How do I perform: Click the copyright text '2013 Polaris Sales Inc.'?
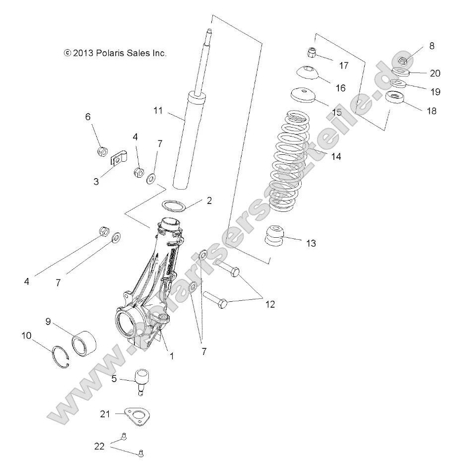(115, 53)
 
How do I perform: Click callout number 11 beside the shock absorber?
(158, 111)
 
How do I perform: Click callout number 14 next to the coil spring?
(336, 156)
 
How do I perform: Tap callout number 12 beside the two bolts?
(269, 304)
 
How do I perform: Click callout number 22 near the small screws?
(99, 446)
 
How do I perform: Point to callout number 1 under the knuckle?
(172, 356)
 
